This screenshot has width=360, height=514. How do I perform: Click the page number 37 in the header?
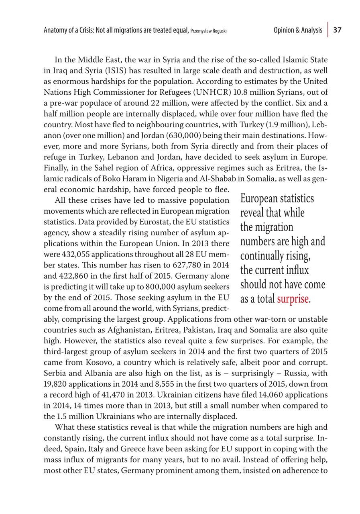click(337, 30)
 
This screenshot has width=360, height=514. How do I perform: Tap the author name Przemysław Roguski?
click(209, 31)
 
